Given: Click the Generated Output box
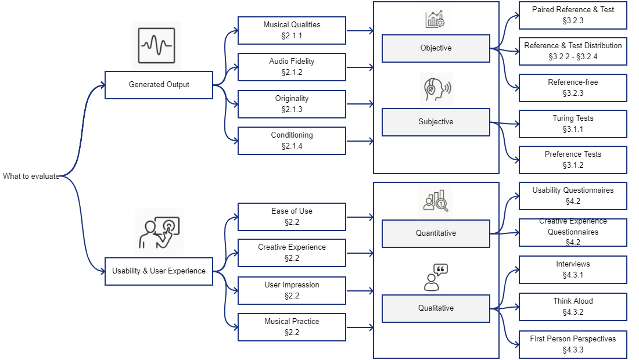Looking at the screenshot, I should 159,85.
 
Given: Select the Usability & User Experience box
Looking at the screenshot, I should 159,271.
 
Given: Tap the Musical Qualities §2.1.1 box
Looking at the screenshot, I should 292,30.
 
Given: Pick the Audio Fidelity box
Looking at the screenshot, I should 292,67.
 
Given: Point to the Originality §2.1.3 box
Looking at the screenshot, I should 292,104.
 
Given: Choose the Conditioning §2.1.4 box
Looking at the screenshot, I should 292,141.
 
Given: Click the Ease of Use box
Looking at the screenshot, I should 292,217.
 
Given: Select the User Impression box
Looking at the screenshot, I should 292,290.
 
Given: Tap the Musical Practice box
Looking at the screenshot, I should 292,327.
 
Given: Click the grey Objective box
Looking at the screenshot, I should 436,48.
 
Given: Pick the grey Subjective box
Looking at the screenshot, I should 436,122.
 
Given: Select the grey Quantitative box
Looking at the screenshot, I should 436,233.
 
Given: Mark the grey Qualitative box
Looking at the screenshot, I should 436,308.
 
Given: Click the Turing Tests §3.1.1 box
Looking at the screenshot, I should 573,124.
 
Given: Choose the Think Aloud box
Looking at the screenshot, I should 573,307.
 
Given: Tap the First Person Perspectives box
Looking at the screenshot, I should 573,344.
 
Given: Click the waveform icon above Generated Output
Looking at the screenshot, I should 156,45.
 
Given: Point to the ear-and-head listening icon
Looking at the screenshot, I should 436,89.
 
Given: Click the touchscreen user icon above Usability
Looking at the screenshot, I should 159,232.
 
